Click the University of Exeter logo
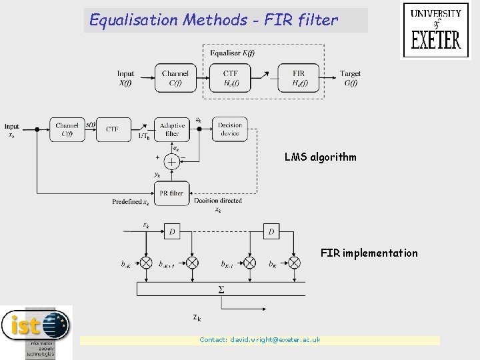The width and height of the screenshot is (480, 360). (x=436, y=31)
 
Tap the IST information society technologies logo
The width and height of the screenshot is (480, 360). (x=36, y=331)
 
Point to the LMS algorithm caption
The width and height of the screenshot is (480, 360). (x=320, y=157)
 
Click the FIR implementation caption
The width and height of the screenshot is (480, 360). (x=369, y=253)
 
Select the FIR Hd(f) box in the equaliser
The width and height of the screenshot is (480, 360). (x=299, y=78)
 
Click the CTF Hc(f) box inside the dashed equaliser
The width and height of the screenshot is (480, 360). (x=230, y=78)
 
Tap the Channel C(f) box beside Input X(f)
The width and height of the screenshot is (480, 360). (x=175, y=78)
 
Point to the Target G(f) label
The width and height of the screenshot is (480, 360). (x=350, y=78)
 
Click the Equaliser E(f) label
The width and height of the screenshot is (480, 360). (x=232, y=53)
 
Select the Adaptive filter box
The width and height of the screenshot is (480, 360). (x=172, y=129)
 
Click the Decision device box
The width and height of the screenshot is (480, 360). (x=230, y=129)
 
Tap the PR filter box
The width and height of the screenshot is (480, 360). (x=172, y=193)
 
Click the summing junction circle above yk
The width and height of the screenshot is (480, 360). (x=172, y=161)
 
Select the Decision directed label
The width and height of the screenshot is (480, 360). (x=218, y=200)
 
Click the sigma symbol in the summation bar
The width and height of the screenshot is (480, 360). (x=221, y=289)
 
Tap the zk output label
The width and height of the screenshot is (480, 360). (x=197, y=318)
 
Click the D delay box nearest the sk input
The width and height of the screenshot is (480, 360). (x=172, y=232)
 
